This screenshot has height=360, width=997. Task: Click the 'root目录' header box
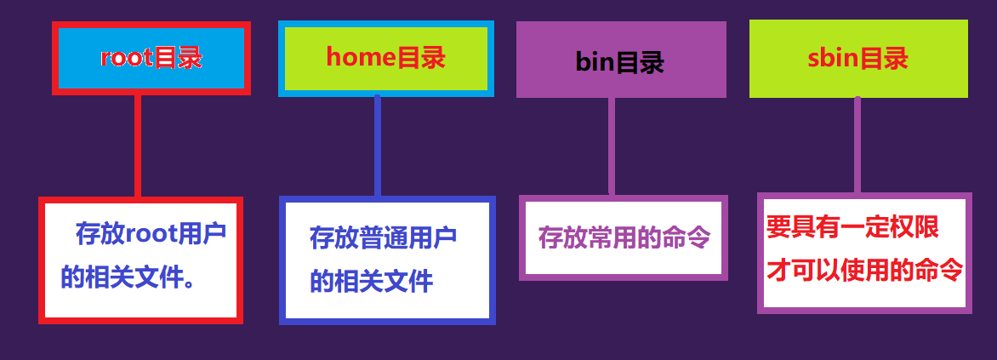(151, 58)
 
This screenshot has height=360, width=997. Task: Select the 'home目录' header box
(386, 58)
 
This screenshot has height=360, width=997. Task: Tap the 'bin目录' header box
(621, 60)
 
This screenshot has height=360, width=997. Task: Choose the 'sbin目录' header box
(857, 58)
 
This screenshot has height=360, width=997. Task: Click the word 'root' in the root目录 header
(127, 58)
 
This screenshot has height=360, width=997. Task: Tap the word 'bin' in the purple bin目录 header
(595, 62)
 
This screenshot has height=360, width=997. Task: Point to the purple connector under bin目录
(612, 146)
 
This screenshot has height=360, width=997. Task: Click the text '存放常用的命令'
(624, 237)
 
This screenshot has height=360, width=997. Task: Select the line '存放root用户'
(151, 231)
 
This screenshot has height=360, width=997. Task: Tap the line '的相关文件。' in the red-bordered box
(128, 277)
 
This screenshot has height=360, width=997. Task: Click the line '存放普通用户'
(383, 237)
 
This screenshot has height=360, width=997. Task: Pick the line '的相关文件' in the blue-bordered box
(372, 281)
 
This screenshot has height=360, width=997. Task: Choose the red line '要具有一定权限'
(852, 227)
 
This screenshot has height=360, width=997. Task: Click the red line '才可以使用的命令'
(864, 271)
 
